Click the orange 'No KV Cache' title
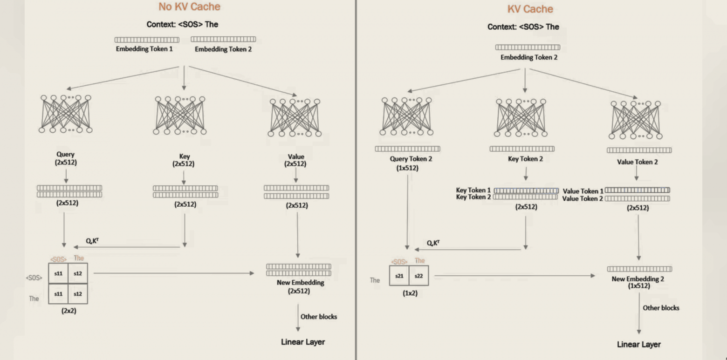(x=189, y=7)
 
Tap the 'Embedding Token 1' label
(x=144, y=49)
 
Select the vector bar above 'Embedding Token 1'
(x=147, y=40)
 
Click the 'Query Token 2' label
(x=411, y=159)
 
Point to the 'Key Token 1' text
(x=473, y=190)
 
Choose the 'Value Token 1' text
(x=583, y=191)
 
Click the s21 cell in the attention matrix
(x=399, y=276)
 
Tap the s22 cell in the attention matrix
(x=418, y=276)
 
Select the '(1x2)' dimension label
(x=410, y=293)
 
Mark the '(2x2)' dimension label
(x=69, y=311)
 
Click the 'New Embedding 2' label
(x=638, y=279)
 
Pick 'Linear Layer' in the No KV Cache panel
(x=303, y=342)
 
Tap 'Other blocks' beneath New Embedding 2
(x=661, y=308)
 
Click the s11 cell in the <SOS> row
(x=58, y=273)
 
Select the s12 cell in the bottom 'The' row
(x=78, y=294)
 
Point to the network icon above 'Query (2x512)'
(x=66, y=114)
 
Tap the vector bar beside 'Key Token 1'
(x=526, y=190)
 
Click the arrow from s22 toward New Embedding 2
(x=515, y=276)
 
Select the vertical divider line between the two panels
(x=356, y=180)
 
